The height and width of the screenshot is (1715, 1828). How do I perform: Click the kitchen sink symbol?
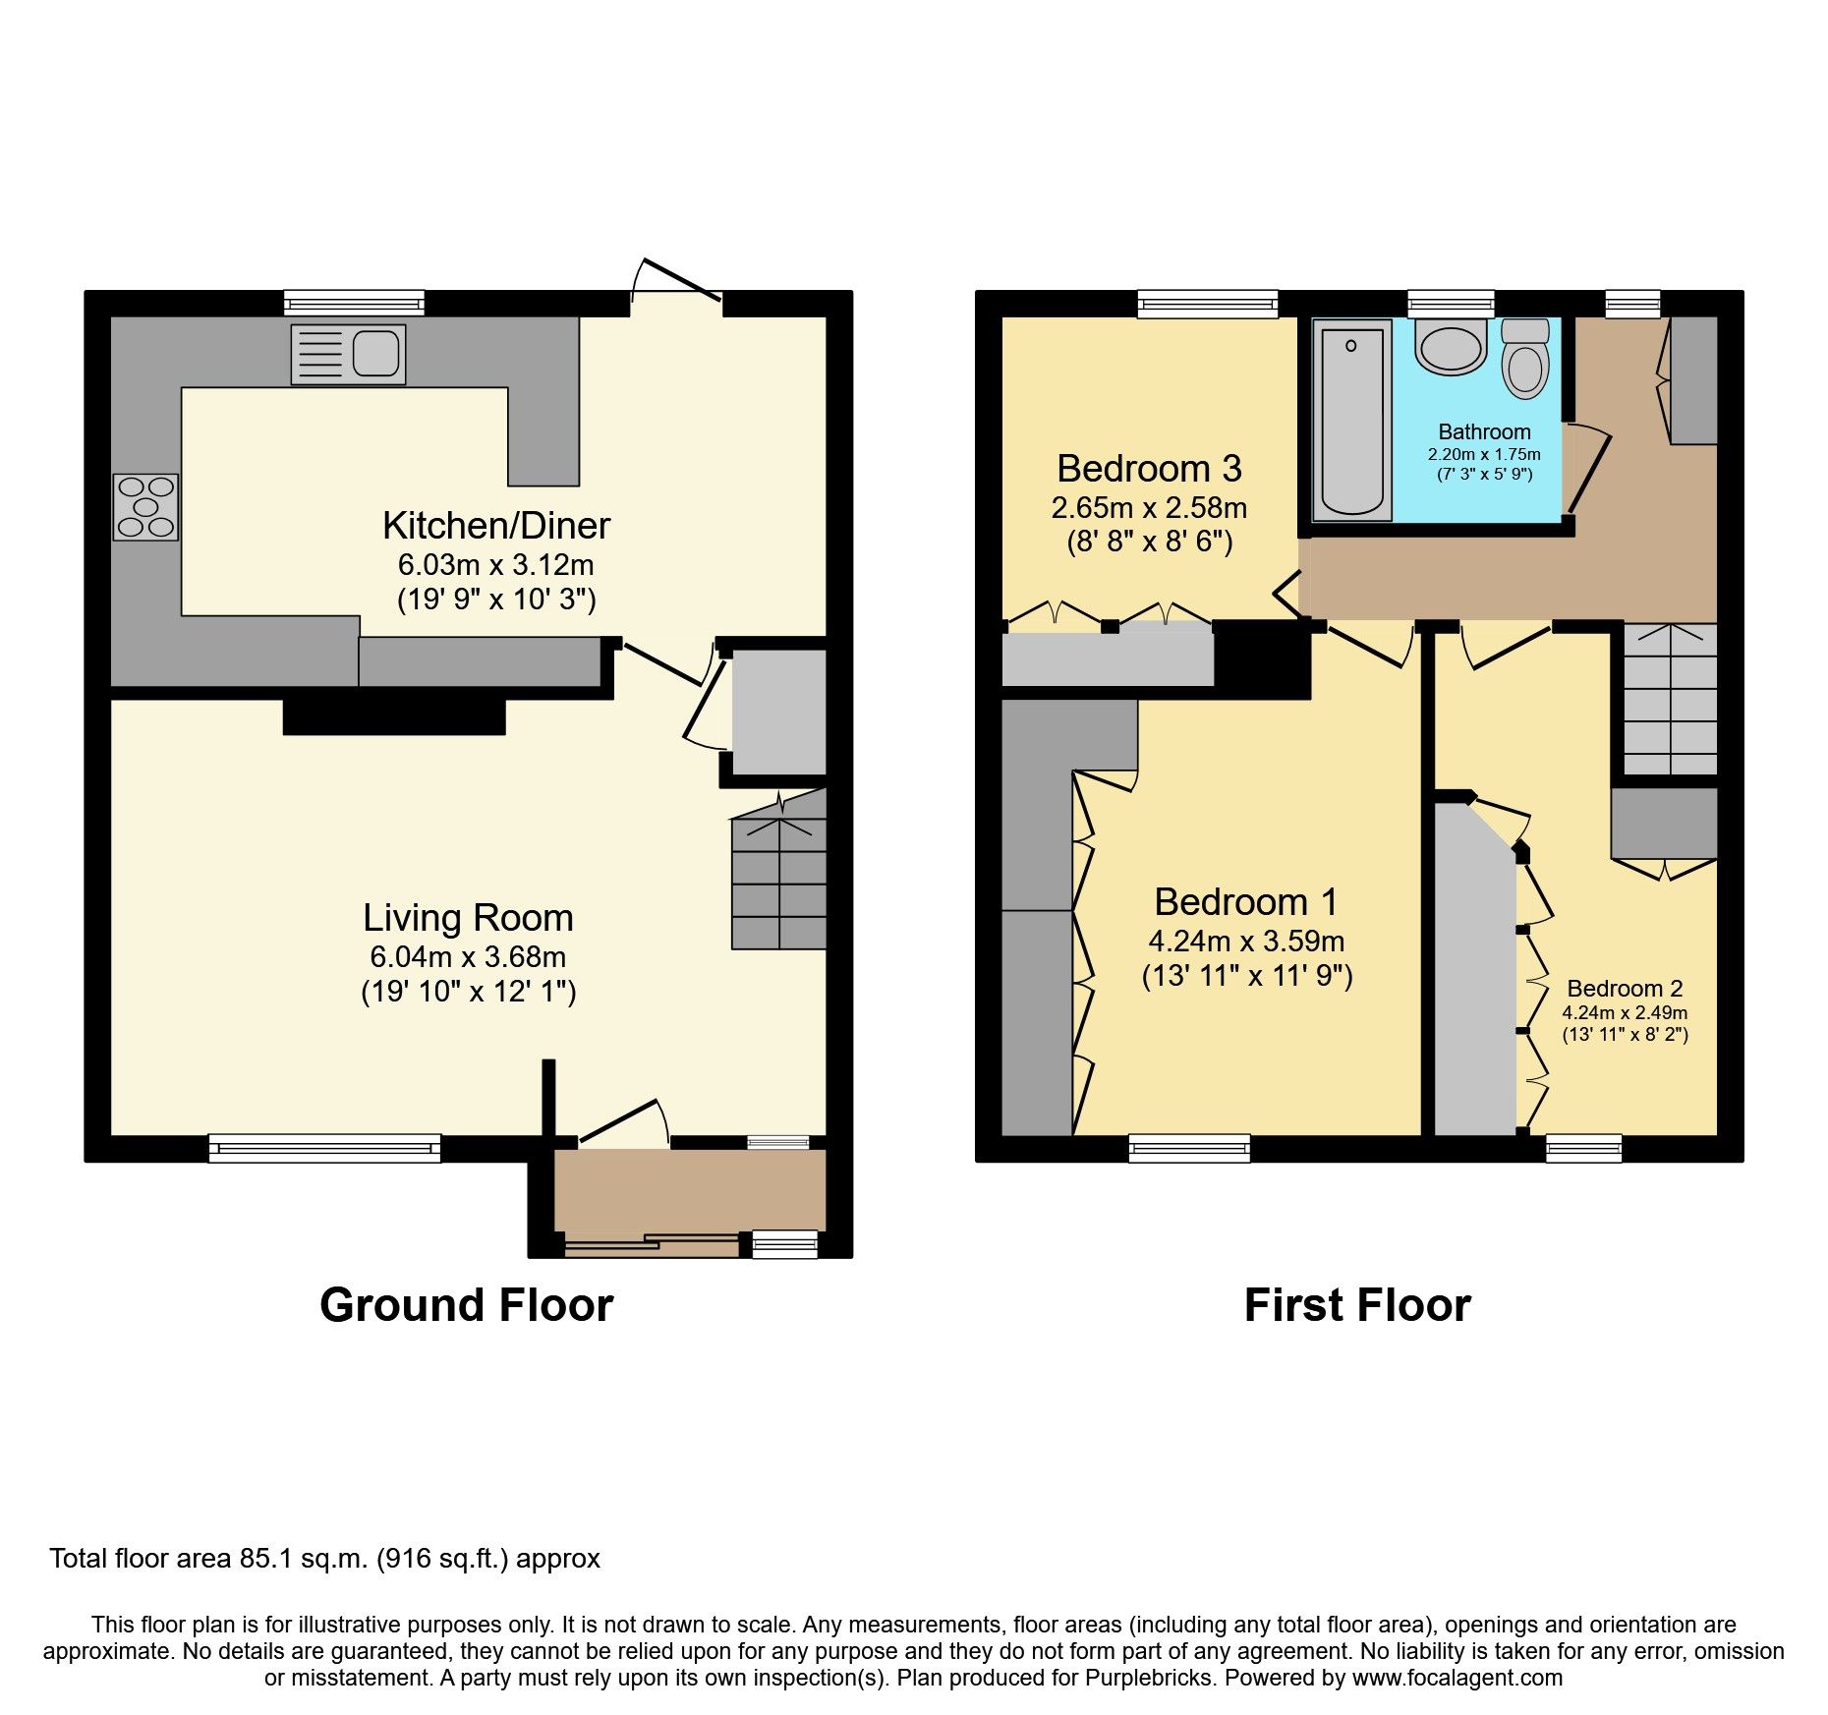348,354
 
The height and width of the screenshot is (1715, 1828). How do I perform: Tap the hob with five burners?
146,507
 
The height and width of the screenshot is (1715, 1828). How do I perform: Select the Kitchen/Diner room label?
496,526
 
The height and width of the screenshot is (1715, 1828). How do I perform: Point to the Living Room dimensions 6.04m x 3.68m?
468,956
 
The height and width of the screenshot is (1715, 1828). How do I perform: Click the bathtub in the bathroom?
1353,422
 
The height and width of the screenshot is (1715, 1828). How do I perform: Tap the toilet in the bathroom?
1525,360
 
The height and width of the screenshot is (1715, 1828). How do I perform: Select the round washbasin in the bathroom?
1451,348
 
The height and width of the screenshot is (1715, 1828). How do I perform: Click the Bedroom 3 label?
1149,469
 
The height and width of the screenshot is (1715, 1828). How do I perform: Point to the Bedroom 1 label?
1245,901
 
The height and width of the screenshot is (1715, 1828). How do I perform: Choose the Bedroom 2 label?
1625,989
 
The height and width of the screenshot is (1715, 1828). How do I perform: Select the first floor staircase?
1669,700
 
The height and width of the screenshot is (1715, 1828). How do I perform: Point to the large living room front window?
324,1147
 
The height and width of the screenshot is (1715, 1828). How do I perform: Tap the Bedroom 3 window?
1208,304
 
